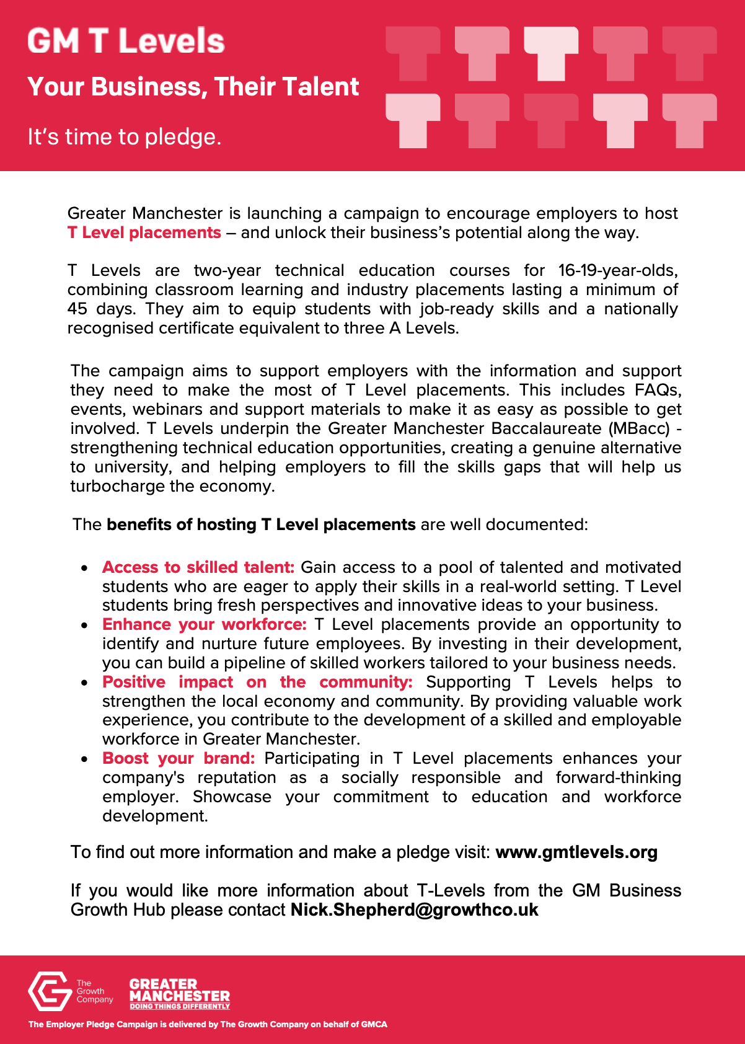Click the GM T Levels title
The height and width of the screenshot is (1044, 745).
[x=126, y=41]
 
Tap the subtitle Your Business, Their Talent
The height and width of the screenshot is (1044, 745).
[x=193, y=87]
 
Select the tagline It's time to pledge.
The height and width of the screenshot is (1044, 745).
[x=124, y=137]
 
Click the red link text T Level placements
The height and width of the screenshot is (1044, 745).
[x=144, y=232]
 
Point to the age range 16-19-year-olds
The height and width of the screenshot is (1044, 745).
[x=617, y=270]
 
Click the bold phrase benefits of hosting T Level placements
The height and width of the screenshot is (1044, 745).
[x=261, y=524]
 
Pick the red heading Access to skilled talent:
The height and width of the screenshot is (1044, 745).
[x=198, y=567]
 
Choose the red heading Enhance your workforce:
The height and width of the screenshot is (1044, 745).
[x=204, y=624]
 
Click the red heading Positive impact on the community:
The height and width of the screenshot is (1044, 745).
[x=257, y=682]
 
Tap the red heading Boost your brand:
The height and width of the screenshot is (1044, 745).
[x=179, y=758]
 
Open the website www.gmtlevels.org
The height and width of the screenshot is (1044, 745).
[x=576, y=852]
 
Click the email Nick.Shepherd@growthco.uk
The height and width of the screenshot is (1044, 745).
[x=414, y=910]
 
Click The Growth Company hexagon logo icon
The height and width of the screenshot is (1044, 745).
[x=50, y=991]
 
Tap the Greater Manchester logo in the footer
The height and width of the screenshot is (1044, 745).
[x=179, y=993]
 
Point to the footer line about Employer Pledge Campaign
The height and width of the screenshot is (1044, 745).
[x=208, y=1024]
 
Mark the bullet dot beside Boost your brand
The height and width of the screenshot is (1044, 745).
[x=85, y=759]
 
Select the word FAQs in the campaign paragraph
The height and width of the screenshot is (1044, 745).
[x=658, y=390]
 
